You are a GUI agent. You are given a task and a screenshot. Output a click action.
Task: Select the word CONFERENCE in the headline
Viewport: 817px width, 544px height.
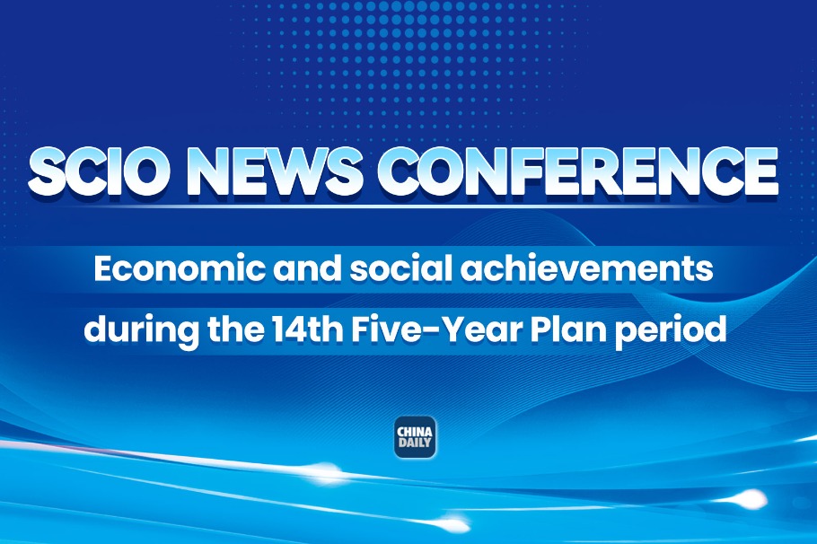[577, 171]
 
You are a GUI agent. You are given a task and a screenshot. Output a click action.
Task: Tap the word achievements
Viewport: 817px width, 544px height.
[587, 269]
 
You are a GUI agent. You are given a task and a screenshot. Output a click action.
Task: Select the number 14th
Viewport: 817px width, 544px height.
[303, 329]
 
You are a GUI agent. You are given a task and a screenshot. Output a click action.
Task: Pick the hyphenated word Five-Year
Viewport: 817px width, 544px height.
[435, 329]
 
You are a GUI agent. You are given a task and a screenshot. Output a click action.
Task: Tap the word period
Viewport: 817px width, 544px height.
[671, 330]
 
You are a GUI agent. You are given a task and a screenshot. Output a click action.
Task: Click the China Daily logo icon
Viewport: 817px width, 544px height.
[415, 437]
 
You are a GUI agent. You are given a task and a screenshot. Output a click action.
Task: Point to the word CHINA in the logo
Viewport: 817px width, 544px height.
[415, 432]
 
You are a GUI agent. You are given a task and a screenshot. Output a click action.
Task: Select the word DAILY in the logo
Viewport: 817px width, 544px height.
[415, 443]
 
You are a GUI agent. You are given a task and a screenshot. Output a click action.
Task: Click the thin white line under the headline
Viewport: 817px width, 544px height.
[407, 206]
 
